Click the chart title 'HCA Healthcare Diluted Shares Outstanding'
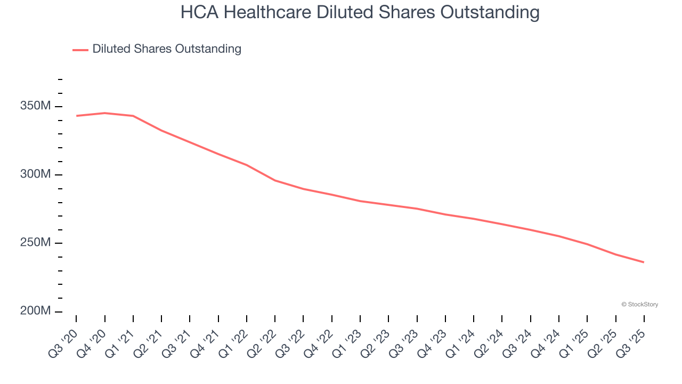[360, 12]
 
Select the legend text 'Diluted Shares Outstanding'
[167, 49]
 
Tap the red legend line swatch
[80, 50]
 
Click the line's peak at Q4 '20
[104, 113]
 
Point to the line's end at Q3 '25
[644, 262]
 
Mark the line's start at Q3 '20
[76, 116]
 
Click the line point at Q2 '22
[275, 180]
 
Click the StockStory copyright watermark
[639, 305]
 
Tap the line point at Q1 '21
[133, 116]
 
